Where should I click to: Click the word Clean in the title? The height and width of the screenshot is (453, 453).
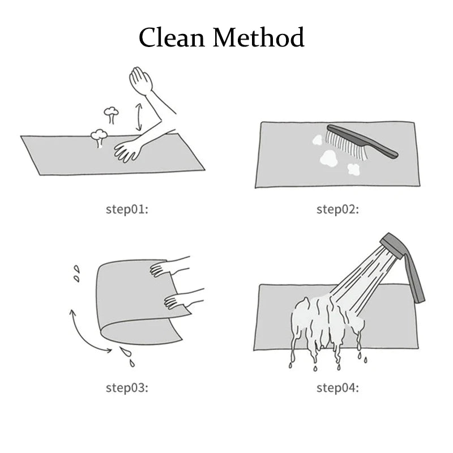coord(172,37)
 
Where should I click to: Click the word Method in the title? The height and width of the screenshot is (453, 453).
coord(259,37)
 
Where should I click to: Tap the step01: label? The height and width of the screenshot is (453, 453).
coord(127,210)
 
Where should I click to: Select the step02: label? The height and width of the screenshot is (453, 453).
coord(337,210)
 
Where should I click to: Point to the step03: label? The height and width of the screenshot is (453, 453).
coord(127,388)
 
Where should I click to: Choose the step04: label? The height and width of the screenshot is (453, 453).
coord(337,388)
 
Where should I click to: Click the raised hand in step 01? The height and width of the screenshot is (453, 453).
coord(140,80)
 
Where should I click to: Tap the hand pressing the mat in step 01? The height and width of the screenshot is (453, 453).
coord(127,151)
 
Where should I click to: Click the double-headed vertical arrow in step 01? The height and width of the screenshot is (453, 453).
coord(139,117)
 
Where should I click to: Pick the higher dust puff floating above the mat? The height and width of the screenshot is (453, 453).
coord(111,114)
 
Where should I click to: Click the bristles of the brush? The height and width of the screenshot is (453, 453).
coord(346,145)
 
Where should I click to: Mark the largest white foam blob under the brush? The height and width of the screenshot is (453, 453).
coord(329,159)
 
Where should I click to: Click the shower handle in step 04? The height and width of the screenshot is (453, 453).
coord(415,276)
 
